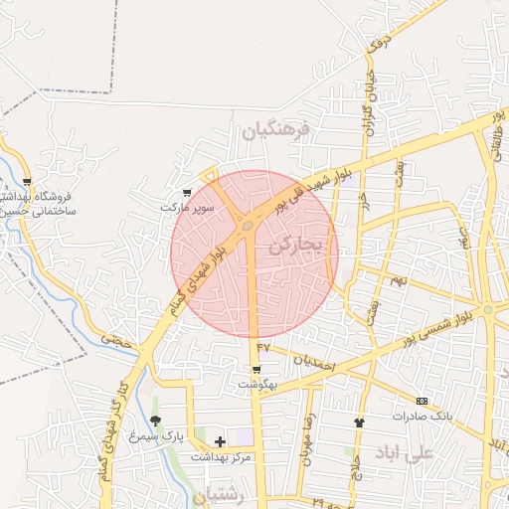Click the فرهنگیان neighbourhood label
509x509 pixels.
pos(274,129)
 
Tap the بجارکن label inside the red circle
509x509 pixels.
pos(296,242)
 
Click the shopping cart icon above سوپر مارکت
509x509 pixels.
pos(188,192)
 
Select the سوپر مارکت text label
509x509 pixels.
pos(187,208)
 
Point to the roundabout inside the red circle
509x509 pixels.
pos(246,227)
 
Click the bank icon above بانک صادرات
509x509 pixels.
pos(422,400)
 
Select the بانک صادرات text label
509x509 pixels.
pos(422,416)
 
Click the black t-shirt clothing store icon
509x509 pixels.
pos(359,423)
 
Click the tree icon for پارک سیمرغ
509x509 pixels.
pos(155,422)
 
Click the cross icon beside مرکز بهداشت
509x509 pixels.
pos(220,440)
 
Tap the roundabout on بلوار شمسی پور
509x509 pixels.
pos(488,310)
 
